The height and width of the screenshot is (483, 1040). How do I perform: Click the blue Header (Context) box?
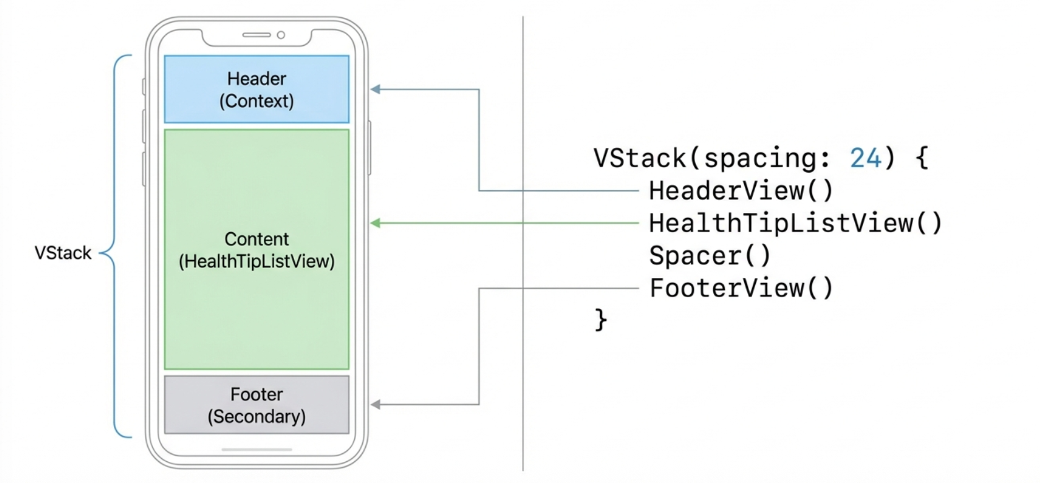click(x=256, y=89)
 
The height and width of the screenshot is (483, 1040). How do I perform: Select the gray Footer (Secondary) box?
click(x=256, y=405)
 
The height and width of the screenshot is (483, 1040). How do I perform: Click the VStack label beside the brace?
click(x=63, y=253)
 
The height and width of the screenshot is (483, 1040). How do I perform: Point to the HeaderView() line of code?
click(x=741, y=191)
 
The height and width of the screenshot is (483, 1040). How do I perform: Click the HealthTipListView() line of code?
click(x=795, y=223)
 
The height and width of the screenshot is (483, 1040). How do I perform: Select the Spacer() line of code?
click(x=709, y=256)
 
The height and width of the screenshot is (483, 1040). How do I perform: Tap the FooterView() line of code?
click(x=741, y=288)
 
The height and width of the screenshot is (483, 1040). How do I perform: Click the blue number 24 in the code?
click(x=865, y=159)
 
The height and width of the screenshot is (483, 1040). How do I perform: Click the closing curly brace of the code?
click(x=600, y=320)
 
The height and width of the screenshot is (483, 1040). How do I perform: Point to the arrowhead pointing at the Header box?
click(x=375, y=89)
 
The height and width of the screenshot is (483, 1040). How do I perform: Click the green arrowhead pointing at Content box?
click(x=375, y=223)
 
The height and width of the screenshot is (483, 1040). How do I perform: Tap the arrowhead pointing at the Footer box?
click(x=375, y=405)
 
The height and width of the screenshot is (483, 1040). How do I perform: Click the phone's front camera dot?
click(x=281, y=35)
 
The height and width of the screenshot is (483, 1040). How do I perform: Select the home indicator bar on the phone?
click(x=256, y=450)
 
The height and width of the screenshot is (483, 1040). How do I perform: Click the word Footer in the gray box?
click(x=256, y=394)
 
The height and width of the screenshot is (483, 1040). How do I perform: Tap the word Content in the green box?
click(x=256, y=239)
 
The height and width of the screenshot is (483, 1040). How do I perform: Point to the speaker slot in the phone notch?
click(x=256, y=35)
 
